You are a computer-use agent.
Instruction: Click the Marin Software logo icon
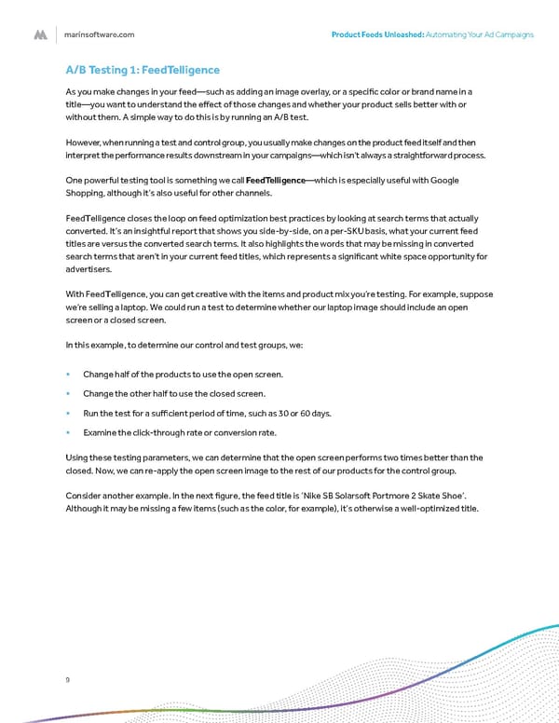click(x=40, y=34)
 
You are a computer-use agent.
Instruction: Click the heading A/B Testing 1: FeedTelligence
click(x=142, y=69)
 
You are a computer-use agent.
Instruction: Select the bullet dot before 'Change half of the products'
click(x=69, y=375)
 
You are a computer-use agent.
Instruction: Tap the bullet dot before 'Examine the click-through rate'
click(x=69, y=433)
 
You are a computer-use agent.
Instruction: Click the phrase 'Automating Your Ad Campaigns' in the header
click(x=480, y=34)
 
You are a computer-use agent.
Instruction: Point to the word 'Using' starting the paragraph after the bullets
click(x=77, y=457)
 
